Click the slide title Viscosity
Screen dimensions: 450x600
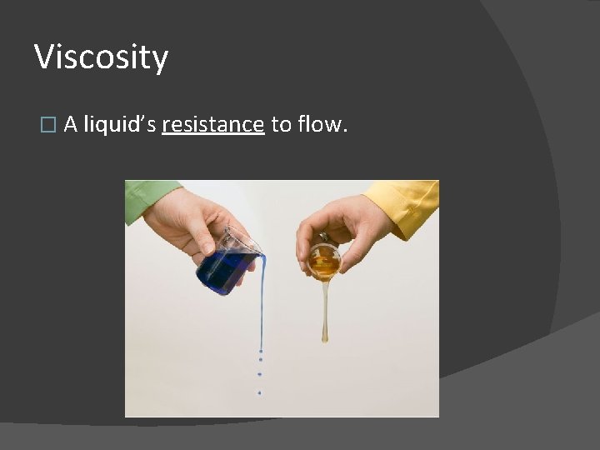click(101, 57)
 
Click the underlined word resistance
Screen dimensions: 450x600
click(213, 124)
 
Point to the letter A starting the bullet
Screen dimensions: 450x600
click(71, 124)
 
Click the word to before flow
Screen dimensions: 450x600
click(281, 124)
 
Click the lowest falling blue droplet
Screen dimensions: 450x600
click(259, 392)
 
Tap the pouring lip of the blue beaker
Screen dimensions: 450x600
click(259, 249)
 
